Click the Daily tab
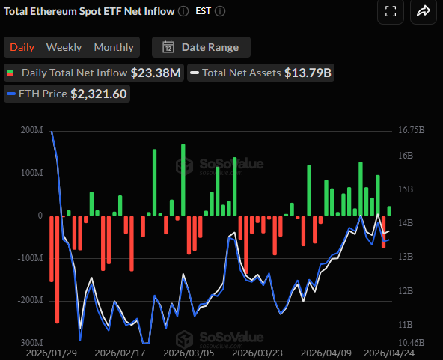pyautogui.click(x=22, y=47)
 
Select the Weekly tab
pyautogui.click(x=64, y=47)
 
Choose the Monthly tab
pyautogui.click(x=114, y=47)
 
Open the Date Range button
pyautogui.click(x=201, y=47)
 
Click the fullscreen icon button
pyautogui.click(x=389, y=11)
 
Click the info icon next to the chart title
pyautogui.click(x=183, y=11)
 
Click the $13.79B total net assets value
pyautogui.click(x=308, y=73)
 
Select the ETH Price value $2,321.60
pyautogui.click(x=99, y=94)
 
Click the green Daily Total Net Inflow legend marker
pyautogui.click(x=10, y=73)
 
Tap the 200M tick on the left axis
pyautogui.click(x=32, y=130)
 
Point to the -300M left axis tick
pyautogui.click(x=31, y=343)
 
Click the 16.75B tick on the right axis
pyautogui.click(x=412, y=130)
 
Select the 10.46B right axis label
pyautogui.click(x=412, y=343)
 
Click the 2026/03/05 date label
pyautogui.click(x=188, y=352)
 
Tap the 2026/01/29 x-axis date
pyautogui.click(x=50, y=352)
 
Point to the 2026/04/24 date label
pyautogui.click(x=389, y=352)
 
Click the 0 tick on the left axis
pyautogui.click(x=40, y=216)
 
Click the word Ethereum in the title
pyautogui.click(x=61, y=11)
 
